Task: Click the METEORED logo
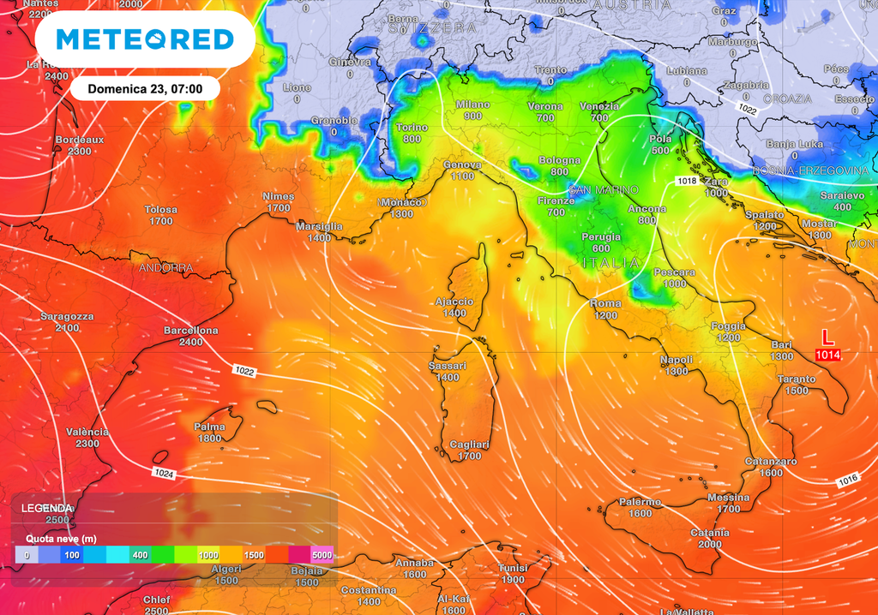pyautogui.click(x=144, y=39)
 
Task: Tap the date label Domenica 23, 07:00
pyautogui.click(x=144, y=88)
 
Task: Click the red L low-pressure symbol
pyautogui.click(x=827, y=337)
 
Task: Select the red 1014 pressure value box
pyautogui.click(x=827, y=355)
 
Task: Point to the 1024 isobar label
pyautogui.click(x=164, y=473)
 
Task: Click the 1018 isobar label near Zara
pyautogui.click(x=686, y=181)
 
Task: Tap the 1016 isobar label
pyautogui.click(x=847, y=481)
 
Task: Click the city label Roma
pyautogui.click(x=605, y=303)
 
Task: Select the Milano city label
pyautogui.click(x=472, y=104)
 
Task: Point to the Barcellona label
pyautogui.click(x=190, y=330)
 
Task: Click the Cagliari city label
pyautogui.click(x=469, y=444)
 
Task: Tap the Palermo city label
pyautogui.click(x=640, y=502)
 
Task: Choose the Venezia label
pyautogui.click(x=599, y=106)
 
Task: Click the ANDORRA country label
pyautogui.click(x=165, y=268)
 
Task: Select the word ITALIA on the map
pyautogui.click(x=610, y=262)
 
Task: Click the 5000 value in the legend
pyautogui.click(x=322, y=556)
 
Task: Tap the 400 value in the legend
pyautogui.click(x=140, y=556)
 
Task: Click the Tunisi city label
pyautogui.click(x=514, y=568)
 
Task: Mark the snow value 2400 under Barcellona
pyautogui.click(x=190, y=342)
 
